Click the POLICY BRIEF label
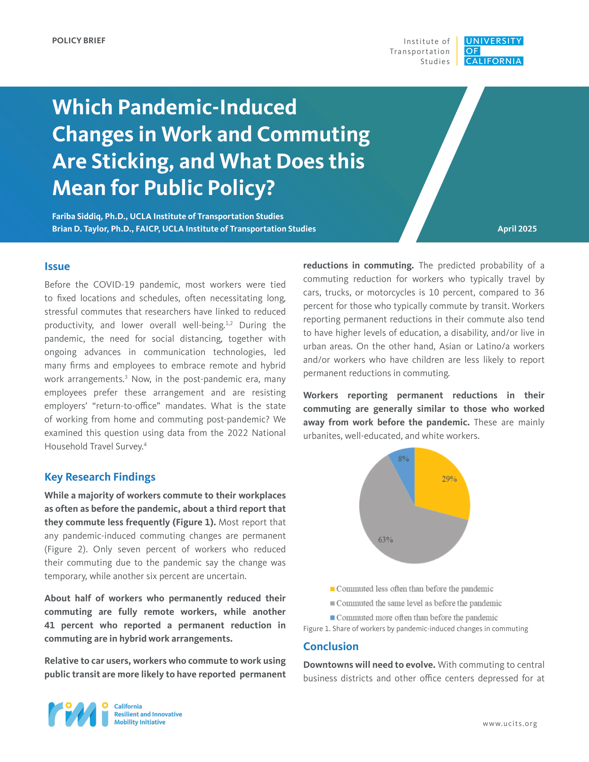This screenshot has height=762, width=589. pyautogui.click(x=79, y=41)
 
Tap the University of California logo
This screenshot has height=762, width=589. pyautogui.click(x=493, y=51)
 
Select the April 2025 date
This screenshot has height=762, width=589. pyautogui.click(x=517, y=229)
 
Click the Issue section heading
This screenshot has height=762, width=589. pyautogui.click(x=57, y=266)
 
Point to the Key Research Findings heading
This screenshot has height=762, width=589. pyautogui.click(x=100, y=477)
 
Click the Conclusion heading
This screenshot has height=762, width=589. pyautogui.click(x=331, y=646)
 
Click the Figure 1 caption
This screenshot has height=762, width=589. pyautogui.click(x=415, y=629)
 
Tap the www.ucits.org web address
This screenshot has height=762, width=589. pyautogui.click(x=510, y=724)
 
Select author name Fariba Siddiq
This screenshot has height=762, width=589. pyautogui.click(x=78, y=216)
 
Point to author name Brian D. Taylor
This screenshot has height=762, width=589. pyautogui.click(x=80, y=229)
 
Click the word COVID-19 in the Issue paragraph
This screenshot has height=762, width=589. pyautogui.click(x=114, y=284)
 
